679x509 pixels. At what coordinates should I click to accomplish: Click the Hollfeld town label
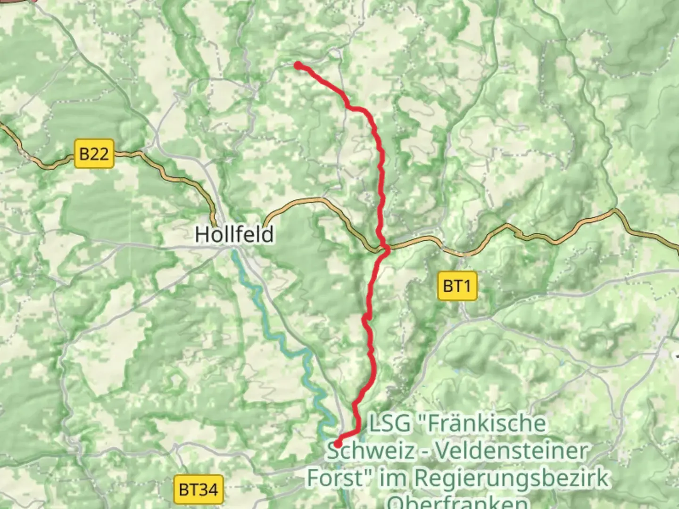234,234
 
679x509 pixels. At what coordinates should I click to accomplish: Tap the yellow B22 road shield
94,154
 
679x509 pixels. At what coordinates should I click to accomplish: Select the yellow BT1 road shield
457,286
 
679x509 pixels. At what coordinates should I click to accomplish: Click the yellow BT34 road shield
198,490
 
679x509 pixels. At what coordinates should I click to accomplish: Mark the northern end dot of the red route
298,66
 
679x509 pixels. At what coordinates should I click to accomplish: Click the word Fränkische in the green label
486,423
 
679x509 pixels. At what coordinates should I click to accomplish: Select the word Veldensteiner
512,451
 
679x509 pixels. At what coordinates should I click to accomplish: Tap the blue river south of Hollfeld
283,339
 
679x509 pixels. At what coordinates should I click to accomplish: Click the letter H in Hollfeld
202,234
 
